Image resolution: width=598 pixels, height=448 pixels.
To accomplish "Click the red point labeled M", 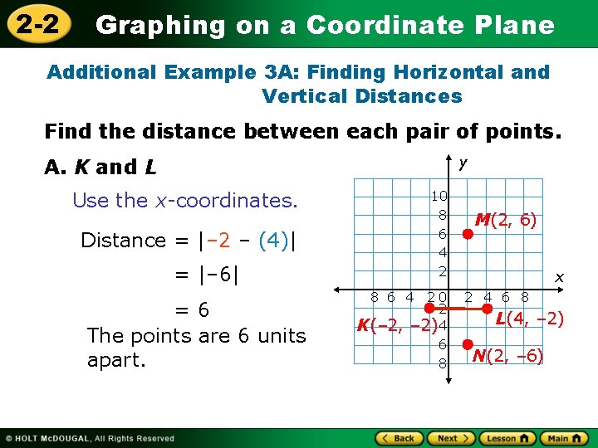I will pyautogui.click(x=468, y=234).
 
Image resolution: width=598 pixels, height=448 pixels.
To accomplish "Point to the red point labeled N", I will pyautogui.click(x=468, y=344).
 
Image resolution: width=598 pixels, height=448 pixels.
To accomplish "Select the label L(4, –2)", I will pyautogui.click(x=530, y=319).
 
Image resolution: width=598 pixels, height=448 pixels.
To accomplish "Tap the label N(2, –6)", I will pyautogui.click(x=507, y=357).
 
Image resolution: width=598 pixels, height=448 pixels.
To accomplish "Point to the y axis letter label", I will pyautogui.click(x=462, y=164).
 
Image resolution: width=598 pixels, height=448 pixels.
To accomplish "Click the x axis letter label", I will pyautogui.click(x=559, y=277).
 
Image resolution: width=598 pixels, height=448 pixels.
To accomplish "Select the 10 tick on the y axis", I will pyautogui.click(x=439, y=197).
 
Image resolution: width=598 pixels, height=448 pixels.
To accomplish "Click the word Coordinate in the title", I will pyautogui.click(x=385, y=25).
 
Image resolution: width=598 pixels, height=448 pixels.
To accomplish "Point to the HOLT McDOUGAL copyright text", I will pyautogui.click(x=91, y=438).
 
